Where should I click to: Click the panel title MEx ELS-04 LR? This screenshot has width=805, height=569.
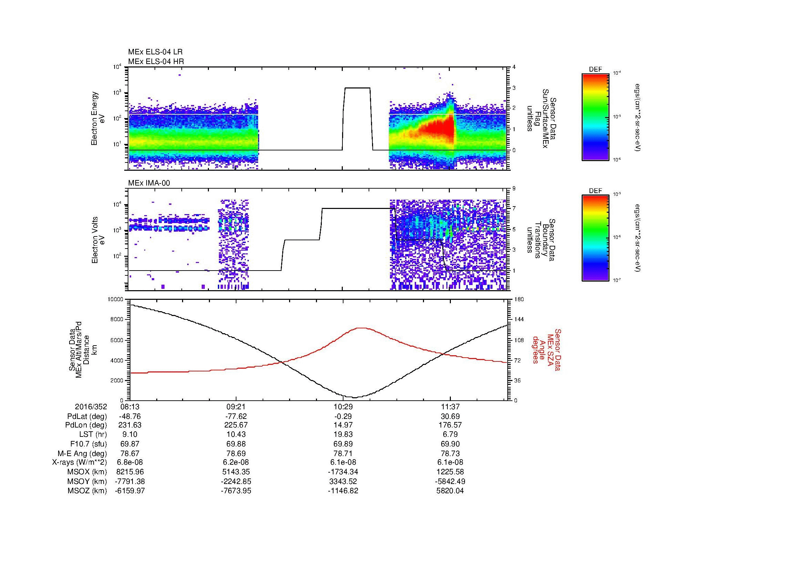[x=155, y=52]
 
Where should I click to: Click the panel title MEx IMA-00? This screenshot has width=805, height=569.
[x=149, y=183]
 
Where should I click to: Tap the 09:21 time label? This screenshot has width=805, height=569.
[x=236, y=407]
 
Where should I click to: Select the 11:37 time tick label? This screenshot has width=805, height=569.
[x=450, y=407]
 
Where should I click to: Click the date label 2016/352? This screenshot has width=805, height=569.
[x=91, y=407]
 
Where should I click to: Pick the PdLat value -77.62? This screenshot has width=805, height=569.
[x=236, y=416]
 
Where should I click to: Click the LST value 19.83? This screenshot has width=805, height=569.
[x=343, y=434]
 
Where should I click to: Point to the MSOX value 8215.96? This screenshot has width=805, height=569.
[x=130, y=472]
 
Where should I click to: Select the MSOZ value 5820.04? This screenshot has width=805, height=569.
[x=450, y=491]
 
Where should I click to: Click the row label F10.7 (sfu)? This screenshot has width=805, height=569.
[x=88, y=444]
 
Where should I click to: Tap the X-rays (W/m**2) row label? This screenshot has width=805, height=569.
[x=79, y=462]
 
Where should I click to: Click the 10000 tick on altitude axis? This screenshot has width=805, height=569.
[x=115, y=299]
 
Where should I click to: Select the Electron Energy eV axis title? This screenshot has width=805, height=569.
[x=98, y=118]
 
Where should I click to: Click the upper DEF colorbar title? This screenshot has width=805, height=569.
[x=595, y=70]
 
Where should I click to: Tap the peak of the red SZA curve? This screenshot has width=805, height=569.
[x=361, y=328]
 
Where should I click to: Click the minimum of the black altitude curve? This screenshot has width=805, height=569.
[x=354, y=398]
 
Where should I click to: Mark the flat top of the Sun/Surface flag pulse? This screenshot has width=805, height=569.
[x=357, y=88]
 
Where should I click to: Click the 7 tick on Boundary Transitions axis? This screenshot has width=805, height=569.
[x=514, y=209]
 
